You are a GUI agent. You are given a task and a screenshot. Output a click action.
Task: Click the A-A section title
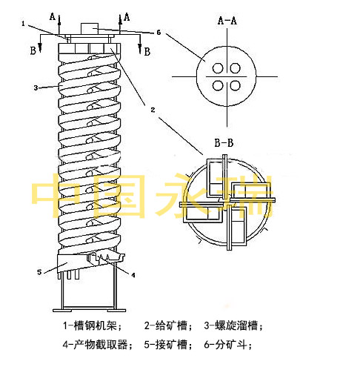click(227, 21)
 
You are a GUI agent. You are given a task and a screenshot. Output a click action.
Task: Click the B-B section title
click(224, 143)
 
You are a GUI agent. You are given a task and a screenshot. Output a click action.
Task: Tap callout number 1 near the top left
click(23, 24)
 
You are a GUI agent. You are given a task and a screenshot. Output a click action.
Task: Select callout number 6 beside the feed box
click(159, 33)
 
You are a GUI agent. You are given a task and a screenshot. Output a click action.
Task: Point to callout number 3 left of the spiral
click(36, 87)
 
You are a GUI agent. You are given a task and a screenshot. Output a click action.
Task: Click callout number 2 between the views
click(153, 110)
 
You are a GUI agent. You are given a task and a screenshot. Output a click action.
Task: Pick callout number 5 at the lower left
click(39, 272)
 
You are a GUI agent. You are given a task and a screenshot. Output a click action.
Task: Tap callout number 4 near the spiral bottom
click(133, 275)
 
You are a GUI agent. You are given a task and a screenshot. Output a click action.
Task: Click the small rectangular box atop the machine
click(90, 29)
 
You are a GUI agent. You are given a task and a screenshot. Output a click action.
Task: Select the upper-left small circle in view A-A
click(218, 68)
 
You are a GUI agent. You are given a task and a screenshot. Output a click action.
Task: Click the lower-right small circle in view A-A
click(235, 86)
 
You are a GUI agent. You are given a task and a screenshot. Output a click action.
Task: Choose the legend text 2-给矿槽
click(168, 325)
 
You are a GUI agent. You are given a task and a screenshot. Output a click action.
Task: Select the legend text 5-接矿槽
click(168, 344)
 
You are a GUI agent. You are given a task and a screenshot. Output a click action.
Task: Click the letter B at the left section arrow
click(33, 50)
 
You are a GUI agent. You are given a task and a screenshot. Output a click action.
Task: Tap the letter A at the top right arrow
click(127, 17)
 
